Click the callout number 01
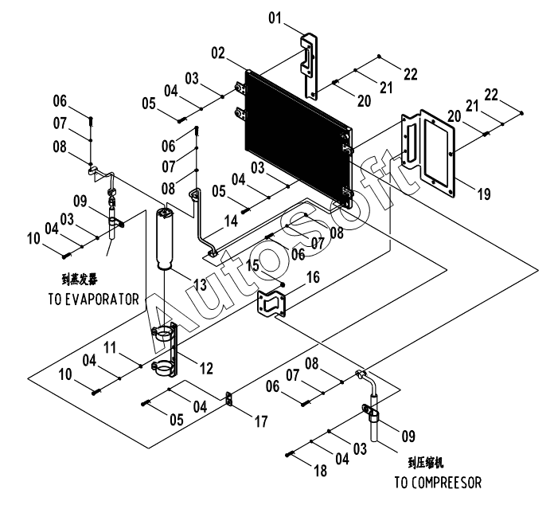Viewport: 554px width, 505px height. (x=275, y=18)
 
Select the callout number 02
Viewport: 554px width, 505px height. (x=218, y=53)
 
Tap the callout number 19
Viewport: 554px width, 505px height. (x=484, y=194)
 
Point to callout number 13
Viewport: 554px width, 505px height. (x=200, y=284)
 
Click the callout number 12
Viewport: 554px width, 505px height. (x=206, y=369)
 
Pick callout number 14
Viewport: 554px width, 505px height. (x=232, y=221)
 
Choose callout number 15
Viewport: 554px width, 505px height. (x=252, y=265)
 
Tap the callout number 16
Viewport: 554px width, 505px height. (x=313, y=277)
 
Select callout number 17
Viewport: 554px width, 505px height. (x=261, y=421)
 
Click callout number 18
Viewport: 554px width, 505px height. (x=321, y=471)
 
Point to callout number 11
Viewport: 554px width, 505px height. (x=110, y=347)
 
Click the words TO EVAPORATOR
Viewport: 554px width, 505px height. (x=94, y=299)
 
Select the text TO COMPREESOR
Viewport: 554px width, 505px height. (x=438, y=483)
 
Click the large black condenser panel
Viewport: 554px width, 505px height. (x=298, y=139)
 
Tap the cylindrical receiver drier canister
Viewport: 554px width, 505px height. (x=165, y=240)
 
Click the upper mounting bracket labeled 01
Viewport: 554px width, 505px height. (x=310, y=66)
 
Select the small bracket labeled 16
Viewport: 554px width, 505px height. (x=271, y=303)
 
